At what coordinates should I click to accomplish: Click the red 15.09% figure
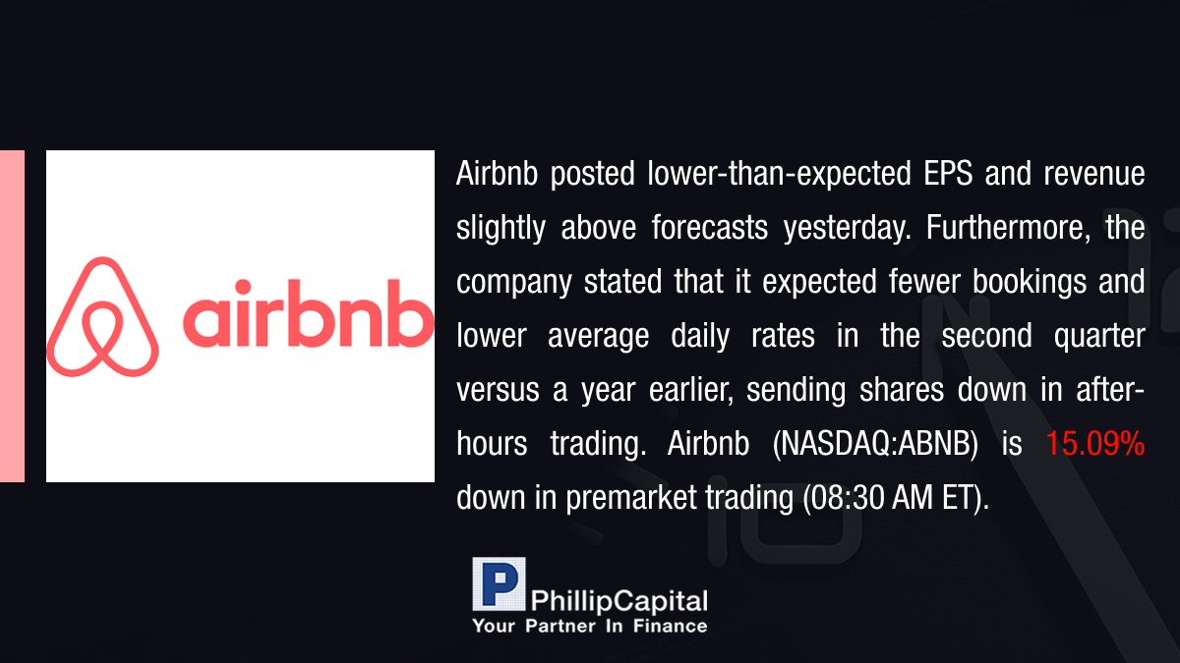point(1094,443)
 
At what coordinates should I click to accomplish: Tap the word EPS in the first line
point(948,173)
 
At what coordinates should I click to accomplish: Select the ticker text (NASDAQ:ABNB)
point(875,444)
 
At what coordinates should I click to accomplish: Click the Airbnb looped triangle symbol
point(102,316)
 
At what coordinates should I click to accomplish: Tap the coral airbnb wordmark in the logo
point(308,313)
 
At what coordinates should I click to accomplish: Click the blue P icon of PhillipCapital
point(499,583)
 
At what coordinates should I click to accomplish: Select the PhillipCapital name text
point(619,601)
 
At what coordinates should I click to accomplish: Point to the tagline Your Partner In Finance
point(590,626)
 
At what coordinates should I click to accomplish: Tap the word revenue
point(1094,174)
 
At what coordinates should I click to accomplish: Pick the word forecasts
point(710,227)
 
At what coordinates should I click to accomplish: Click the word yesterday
point(847,228)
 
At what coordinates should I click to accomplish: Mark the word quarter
point(1099,336)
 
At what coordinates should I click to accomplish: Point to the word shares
point(902,389)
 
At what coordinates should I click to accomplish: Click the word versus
point(498,391)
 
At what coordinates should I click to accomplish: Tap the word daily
point(700,336)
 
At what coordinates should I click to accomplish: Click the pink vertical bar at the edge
point(12,316)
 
